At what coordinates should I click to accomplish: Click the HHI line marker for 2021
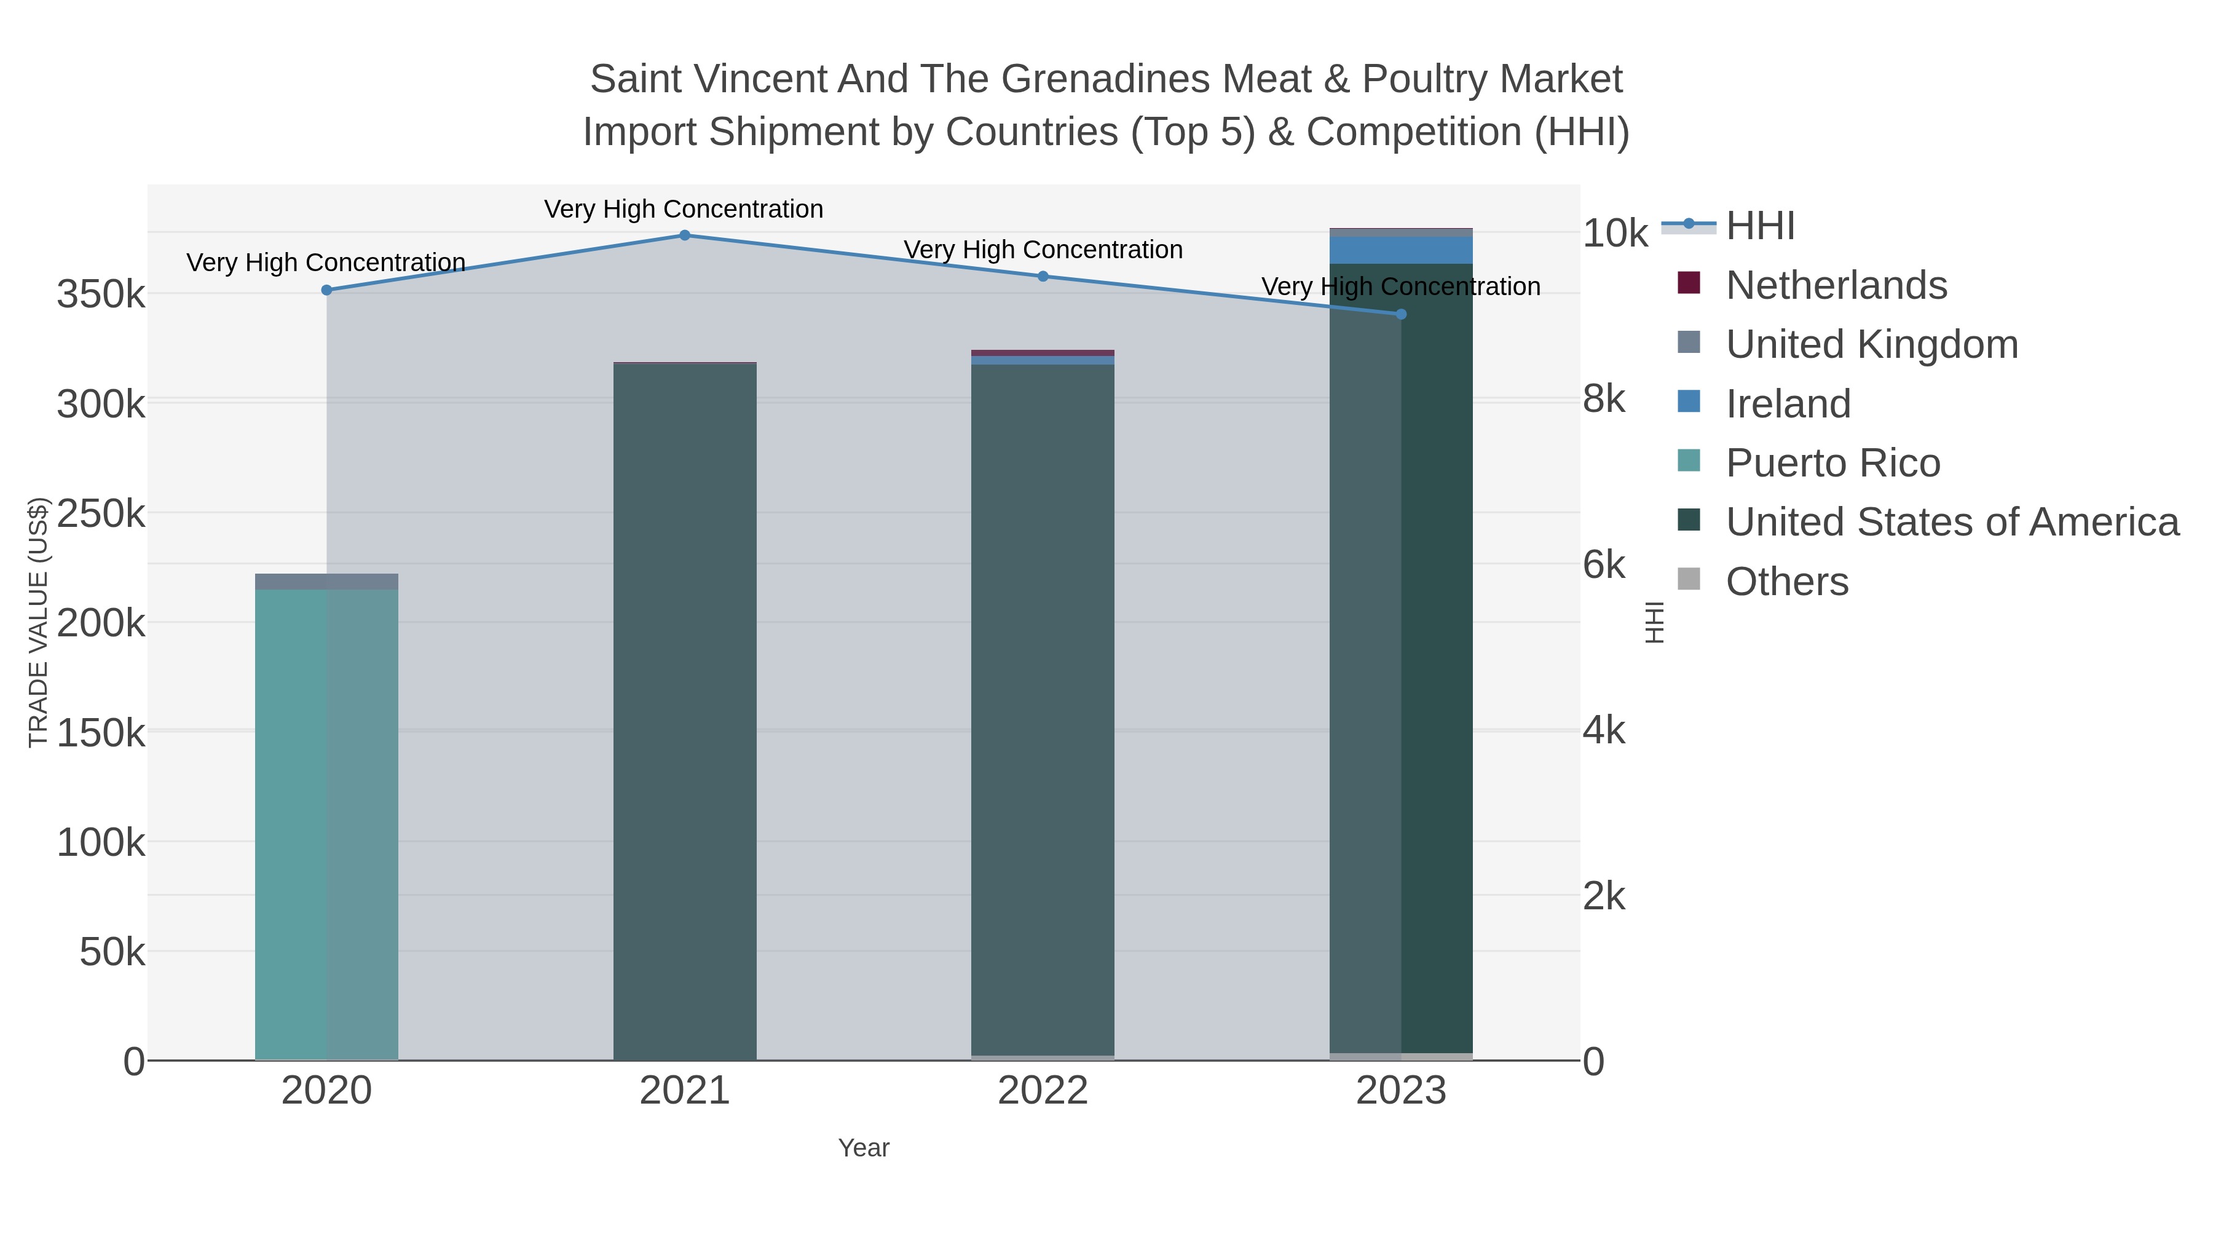685,235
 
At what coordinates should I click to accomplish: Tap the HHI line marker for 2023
1401,314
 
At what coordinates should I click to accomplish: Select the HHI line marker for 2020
326,290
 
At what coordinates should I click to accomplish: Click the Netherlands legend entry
1836,285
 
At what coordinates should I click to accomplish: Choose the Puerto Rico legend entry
1832,463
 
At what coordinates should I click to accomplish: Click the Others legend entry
1787,582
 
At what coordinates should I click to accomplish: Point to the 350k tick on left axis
101,294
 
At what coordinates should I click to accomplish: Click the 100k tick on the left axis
101,843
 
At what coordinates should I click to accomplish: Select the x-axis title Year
864,1148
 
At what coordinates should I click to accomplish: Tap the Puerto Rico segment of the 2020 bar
326,825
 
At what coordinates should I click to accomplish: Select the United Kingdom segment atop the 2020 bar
326,582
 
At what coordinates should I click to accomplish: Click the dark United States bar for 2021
685,713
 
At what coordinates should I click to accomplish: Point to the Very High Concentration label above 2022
1043,250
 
